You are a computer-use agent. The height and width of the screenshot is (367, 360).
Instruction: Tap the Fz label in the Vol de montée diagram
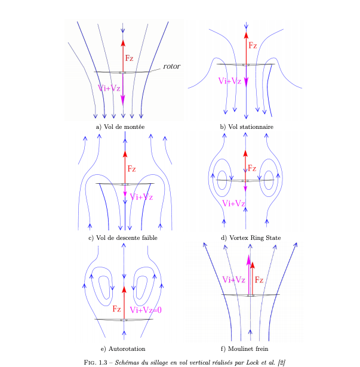130,58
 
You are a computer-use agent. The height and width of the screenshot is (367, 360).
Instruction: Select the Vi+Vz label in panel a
109,88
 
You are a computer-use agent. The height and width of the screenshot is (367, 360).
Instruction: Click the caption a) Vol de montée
120,127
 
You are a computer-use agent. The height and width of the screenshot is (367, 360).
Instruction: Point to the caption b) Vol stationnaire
246,127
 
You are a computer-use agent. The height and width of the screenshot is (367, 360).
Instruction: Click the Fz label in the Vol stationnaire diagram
253,45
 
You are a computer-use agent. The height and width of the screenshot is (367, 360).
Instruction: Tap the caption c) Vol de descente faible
124,238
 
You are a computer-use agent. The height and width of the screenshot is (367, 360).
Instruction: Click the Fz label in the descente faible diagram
132,169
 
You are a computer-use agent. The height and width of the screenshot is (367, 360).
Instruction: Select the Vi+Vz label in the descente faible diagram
141,197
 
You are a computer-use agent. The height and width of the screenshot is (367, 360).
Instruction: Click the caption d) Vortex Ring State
251,238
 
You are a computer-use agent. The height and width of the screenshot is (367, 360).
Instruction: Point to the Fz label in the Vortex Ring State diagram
253,168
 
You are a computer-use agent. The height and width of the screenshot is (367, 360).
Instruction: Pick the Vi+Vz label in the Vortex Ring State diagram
233,203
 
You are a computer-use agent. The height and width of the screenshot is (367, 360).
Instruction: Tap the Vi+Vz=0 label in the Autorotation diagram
146,309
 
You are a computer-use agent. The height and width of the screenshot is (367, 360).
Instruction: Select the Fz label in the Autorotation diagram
116,309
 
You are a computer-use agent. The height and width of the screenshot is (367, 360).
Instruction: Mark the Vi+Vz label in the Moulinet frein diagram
233,279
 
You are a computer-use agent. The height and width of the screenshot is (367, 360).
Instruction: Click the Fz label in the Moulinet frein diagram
260,279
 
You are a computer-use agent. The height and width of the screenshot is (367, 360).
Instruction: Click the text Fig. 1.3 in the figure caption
97,362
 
